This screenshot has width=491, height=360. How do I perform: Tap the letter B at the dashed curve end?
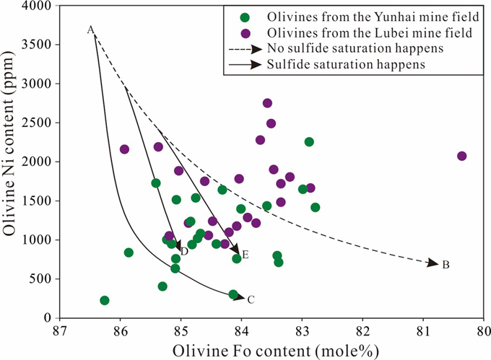[x=446, y=265]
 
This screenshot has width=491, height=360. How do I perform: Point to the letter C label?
[x=251, y=299]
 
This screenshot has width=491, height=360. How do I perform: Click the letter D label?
[x=184, y=251]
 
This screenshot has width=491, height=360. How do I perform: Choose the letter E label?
[x=245, y=255]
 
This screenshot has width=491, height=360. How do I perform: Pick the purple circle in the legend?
[x=245, y=33]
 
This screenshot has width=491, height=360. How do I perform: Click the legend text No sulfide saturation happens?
[x=355, y=48]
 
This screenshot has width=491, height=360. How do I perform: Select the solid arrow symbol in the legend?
[x=245, y=64]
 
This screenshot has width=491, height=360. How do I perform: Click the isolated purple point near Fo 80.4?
[x=462, y=156]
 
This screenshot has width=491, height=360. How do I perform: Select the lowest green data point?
[x=105, y=300]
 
